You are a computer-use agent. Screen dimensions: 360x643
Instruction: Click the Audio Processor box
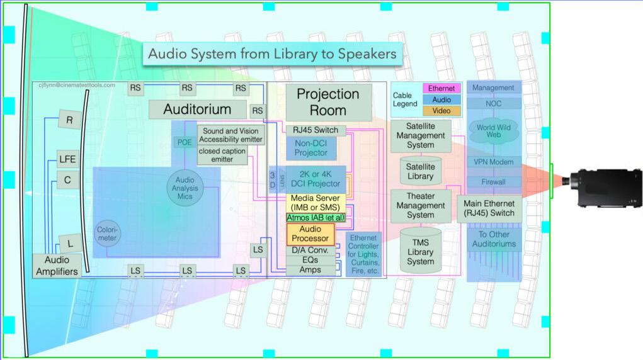click(x=310, y=234)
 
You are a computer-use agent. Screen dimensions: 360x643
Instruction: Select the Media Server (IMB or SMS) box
click(x=316, y=203)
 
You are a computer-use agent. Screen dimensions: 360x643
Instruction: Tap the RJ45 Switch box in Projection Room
click(x=316, y=130)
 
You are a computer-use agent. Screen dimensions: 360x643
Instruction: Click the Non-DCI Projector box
click(x=311, y=149)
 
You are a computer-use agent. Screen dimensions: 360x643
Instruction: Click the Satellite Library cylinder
click(x=420, y=171)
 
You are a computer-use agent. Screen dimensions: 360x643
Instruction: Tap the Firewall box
click(x=494, y=182)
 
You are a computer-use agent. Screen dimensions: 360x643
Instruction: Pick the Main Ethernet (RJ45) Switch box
click(x=489, y=208)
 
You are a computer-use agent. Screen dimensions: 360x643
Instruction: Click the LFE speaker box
click(x=67, y=159)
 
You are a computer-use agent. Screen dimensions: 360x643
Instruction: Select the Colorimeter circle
click(x=107, y=235)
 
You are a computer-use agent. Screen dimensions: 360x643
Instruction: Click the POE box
click(x=184, y=142)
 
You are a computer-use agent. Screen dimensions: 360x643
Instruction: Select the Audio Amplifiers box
click(x=56, y=266)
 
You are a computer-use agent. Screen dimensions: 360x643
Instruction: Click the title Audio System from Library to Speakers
click(x=272, y=53)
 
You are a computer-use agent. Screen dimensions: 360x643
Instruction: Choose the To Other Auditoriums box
click(x=494, y=239)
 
